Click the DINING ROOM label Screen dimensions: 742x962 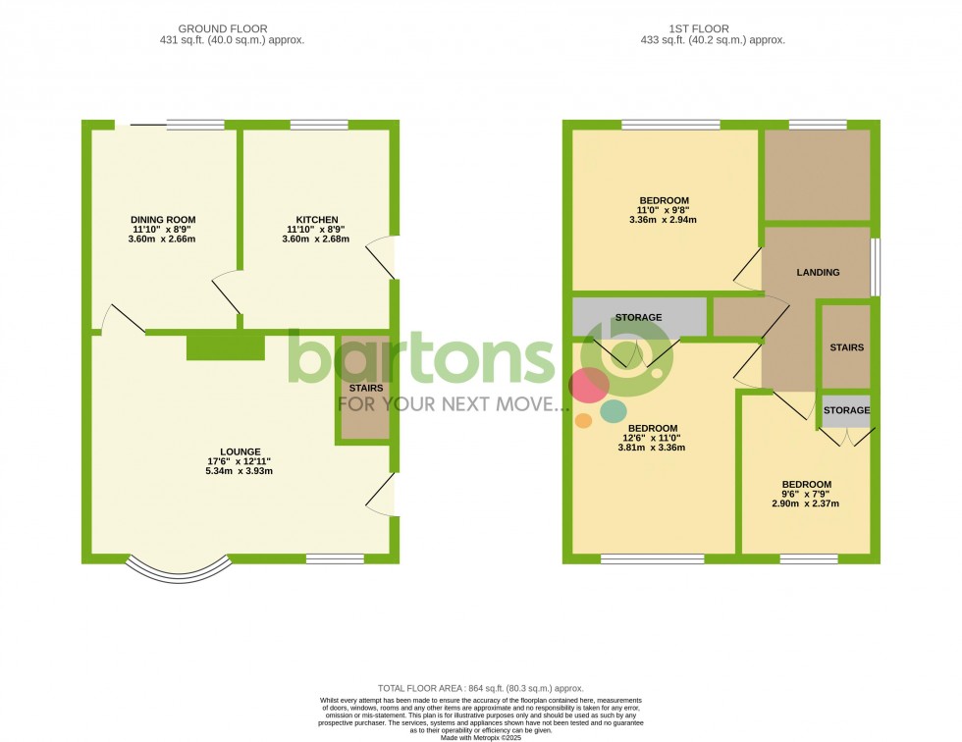pos(163,220)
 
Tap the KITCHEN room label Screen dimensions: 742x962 pos(317,220)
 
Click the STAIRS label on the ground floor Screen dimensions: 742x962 pos(365,388)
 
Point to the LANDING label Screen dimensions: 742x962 pos(818,272)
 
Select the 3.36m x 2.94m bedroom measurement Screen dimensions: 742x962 pos(664,220)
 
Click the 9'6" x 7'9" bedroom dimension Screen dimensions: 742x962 pos(806,494)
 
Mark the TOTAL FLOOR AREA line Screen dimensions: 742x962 pos(481,688)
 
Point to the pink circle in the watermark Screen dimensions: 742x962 pos(589,386)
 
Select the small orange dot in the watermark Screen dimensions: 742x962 pos(583,420)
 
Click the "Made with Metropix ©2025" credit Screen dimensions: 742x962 pos(481,736)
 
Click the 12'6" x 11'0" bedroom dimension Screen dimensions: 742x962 pos(652,438)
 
